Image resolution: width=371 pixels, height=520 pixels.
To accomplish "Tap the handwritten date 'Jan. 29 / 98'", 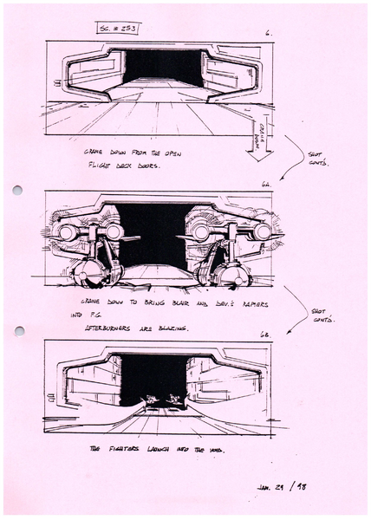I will coord(279,486).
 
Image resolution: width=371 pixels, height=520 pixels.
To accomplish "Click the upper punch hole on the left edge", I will coord(16,190).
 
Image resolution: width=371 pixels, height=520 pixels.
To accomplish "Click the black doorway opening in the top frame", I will coord(162,67).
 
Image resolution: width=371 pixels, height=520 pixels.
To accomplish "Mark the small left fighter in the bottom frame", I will coord(153,400).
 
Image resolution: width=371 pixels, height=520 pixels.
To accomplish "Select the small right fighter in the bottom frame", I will coord(174,400).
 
